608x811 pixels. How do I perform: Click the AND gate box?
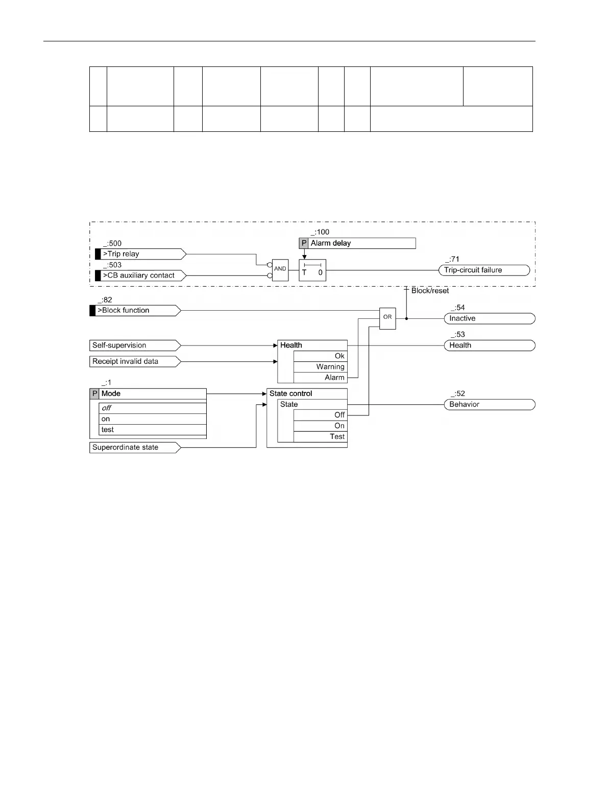280,269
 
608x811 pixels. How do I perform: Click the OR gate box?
387,318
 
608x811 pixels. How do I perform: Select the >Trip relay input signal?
140,254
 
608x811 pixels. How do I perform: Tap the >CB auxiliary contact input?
140,275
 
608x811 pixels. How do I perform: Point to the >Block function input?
135,310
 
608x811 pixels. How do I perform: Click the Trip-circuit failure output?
484,270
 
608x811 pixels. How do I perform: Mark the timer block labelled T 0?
312,270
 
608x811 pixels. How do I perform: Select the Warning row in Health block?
320,366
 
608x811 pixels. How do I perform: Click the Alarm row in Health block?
320,377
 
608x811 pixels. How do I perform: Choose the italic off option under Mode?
152,408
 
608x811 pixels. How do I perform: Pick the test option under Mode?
152,429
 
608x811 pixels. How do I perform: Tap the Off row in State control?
320,415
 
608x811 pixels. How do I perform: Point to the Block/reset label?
430,290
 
